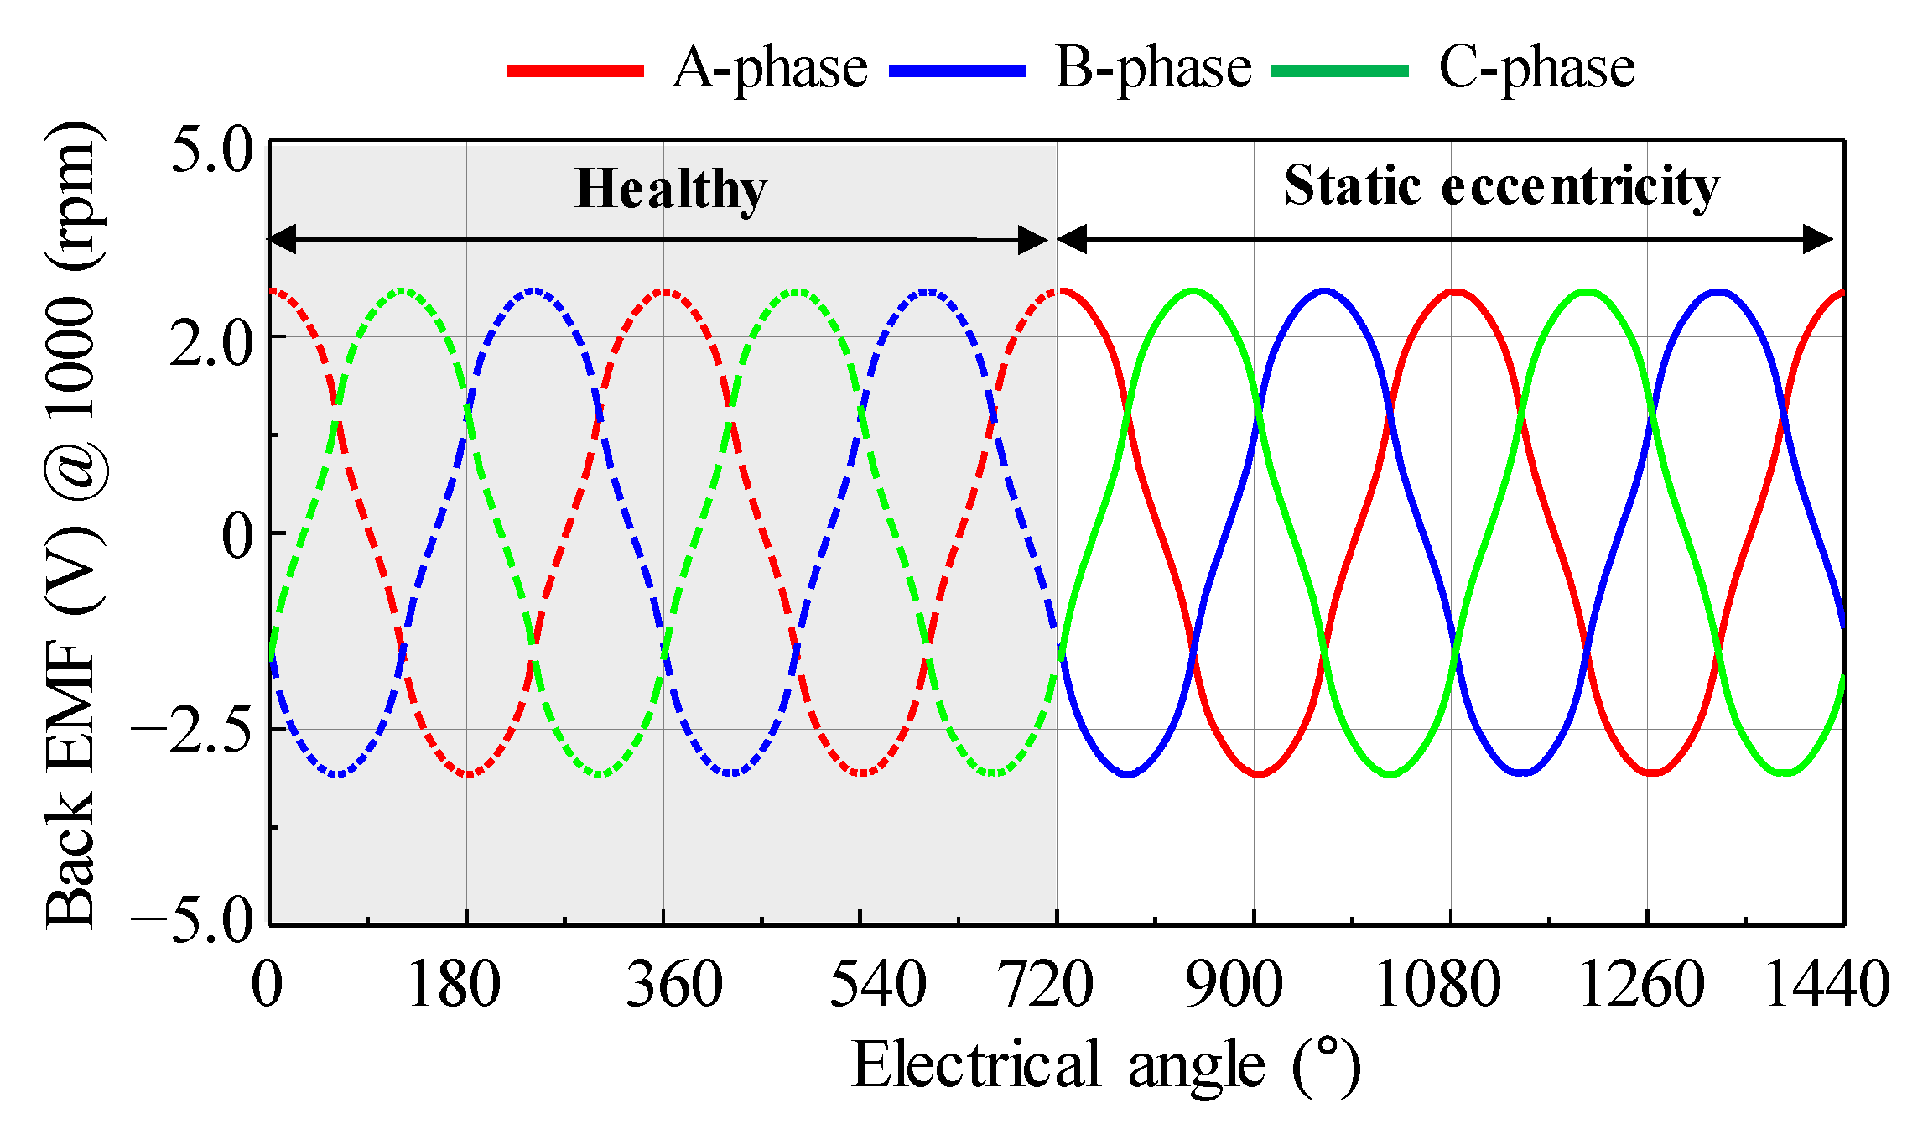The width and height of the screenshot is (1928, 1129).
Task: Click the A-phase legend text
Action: [769, 69]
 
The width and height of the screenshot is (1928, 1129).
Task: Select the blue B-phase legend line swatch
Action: [957, 71]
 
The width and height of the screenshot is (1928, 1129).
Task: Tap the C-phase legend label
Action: [1536, 69]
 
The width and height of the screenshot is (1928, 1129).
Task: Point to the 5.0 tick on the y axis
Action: [211, 151]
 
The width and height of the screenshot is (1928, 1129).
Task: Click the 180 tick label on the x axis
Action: [454, 985]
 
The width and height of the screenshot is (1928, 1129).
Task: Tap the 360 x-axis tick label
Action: [674, 985]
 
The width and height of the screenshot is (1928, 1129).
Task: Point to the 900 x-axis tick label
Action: [1233, 985]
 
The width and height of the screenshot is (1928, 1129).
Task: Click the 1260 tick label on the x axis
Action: [1641, 985]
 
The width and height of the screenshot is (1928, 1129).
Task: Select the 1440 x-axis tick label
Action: [1827, 985]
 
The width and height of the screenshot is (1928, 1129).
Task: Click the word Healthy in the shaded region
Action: [671, 190]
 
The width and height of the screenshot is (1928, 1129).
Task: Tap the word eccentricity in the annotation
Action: [1580, 186]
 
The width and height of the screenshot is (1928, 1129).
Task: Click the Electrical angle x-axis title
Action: [1105, 1065]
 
